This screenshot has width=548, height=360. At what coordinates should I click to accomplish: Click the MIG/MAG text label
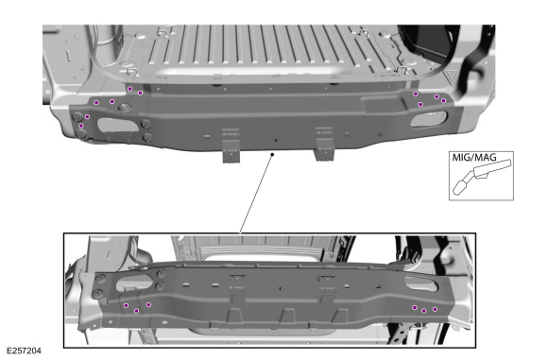click(474, 157)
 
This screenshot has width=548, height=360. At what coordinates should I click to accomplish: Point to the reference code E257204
click(25, 351)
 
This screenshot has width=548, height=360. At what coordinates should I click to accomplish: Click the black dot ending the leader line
click(272, 154)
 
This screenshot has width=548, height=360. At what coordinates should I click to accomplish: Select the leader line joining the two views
click(256, 194)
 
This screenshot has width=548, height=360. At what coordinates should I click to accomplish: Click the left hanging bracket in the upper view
click(231, 146)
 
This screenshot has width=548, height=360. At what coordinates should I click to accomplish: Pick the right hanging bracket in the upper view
click(324, 144)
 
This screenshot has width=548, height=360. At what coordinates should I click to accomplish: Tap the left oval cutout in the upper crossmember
click(117, 125)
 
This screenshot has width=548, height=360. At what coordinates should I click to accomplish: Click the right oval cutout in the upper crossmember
click(429, 118)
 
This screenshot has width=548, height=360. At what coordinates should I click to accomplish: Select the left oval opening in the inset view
click(134, 283)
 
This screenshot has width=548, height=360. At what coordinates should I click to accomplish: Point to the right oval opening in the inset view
click(420, 283)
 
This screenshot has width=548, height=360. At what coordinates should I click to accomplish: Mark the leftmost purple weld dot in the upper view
click(81, 126)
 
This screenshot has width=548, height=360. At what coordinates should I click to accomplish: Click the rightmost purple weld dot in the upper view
click(443, 101)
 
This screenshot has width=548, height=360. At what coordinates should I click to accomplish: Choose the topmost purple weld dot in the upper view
click(130, 89)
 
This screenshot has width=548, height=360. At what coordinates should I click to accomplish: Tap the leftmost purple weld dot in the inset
click(127, 305)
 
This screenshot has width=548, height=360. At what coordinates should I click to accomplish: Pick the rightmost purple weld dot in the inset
click(435, 309)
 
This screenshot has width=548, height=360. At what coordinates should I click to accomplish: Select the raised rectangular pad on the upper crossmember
click(384, 105)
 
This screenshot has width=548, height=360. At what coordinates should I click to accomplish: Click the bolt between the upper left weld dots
click(124, 106)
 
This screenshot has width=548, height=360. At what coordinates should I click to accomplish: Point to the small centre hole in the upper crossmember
click(276, 140)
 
